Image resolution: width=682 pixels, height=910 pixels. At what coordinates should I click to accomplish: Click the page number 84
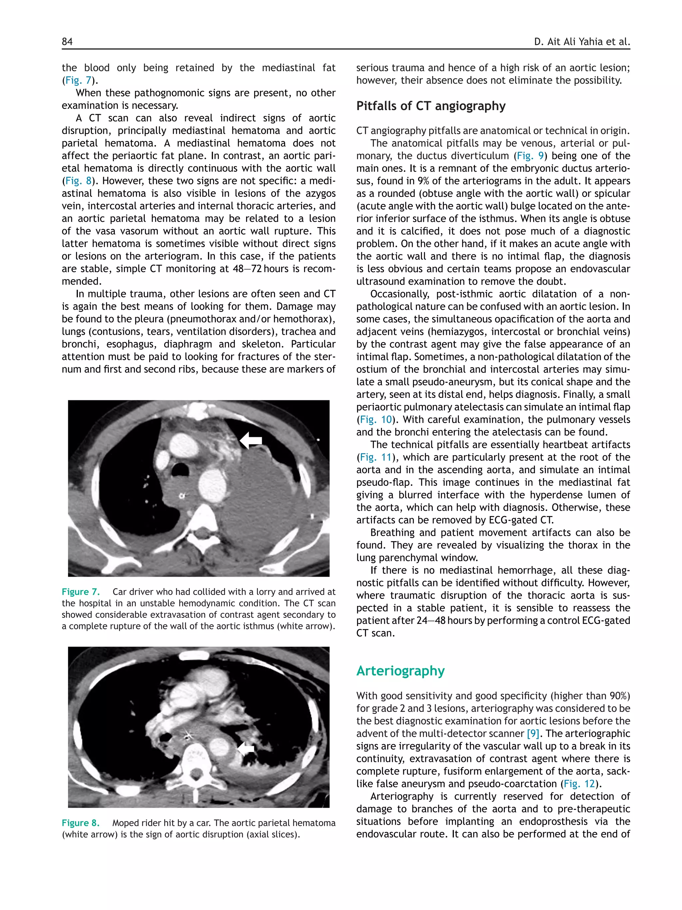pyautogui.click(x=67, y=42)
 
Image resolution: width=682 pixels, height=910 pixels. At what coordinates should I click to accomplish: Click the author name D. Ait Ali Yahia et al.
pyautogui.click(x=582, y=42)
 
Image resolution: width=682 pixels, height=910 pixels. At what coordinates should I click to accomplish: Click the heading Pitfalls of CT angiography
pyautogui.click(x=431, y=106)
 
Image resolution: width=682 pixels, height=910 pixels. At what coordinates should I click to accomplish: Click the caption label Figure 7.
pyautogui.click(x=81, y=592)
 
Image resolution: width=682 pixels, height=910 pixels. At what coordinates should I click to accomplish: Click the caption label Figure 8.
pyautogui.click(x=81, y=822)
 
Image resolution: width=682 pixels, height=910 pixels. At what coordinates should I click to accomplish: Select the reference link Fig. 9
pyautogui.click(x=530, y=156)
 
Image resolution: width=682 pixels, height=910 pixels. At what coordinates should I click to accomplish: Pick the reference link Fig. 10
pyautogui.click(x=376, y=420)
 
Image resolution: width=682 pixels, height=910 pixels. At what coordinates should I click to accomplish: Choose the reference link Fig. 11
pyautogui.click(x=376, y=457)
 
